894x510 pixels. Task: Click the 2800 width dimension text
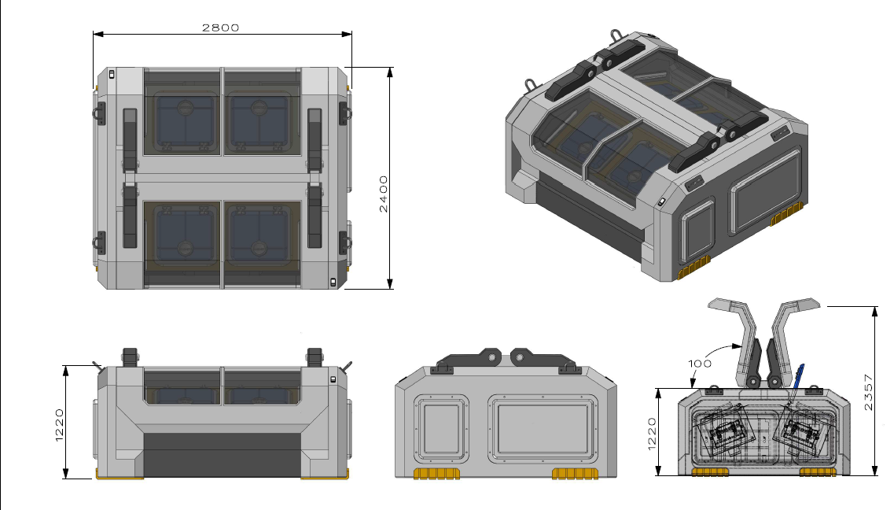pyautogui.click(x=220, y=27)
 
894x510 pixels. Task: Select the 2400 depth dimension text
pyautogui.click(x=383, y=194)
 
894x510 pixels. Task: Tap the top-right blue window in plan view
pyautogui.click(x=259, y=122)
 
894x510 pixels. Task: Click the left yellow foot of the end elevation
pyautogui.click(x=436, y=473)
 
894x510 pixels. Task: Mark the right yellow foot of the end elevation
pyautogui.click(x=576, y=473)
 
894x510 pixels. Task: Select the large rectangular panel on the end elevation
pyautogui.click(x=542, y=428)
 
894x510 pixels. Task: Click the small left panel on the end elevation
pyautogui.click(x=441, y=428)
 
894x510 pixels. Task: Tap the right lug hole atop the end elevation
pyautogui.click(x=521, y=357)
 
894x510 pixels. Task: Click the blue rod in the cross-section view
pyautogui.click(x=798, y=378)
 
